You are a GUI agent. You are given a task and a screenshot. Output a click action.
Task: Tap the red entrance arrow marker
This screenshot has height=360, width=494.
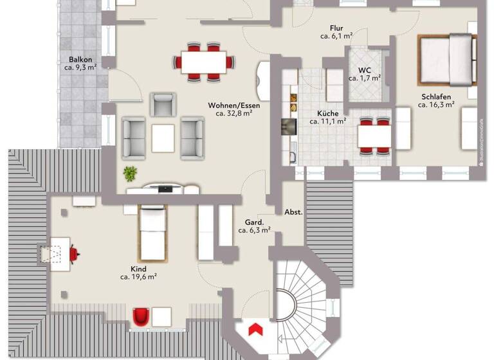(255, 329)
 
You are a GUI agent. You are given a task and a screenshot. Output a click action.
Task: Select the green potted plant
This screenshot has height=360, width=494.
(131, 173)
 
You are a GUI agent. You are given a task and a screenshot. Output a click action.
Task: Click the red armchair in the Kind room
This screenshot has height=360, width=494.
(141, 316)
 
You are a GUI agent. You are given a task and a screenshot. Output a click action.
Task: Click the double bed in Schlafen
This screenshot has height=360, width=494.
(448, 59)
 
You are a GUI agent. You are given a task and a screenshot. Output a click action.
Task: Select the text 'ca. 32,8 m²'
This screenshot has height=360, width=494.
(233, 114)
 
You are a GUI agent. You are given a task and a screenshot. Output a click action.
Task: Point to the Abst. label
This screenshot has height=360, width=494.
(293, 212)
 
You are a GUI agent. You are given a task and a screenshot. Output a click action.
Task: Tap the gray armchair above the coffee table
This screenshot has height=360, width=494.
(163, 105)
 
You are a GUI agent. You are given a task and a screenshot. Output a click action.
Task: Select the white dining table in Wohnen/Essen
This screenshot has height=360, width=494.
(204, 62)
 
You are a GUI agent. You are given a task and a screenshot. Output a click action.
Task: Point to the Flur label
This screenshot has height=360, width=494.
(336, 28)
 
